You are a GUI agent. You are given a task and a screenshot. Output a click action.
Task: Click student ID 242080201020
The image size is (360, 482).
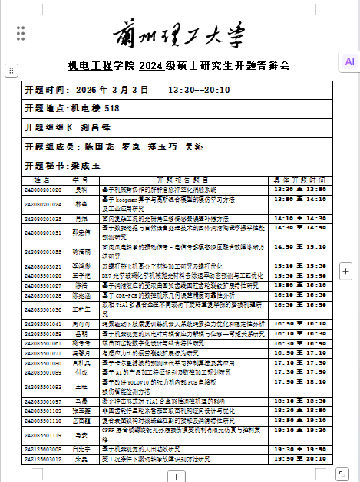(43, 189)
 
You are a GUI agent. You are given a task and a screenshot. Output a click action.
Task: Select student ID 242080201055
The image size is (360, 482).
(43, 251)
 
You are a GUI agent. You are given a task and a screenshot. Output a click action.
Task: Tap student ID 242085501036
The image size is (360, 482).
(43, 309)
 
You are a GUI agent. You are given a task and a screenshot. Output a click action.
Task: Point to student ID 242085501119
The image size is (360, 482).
(43, 435)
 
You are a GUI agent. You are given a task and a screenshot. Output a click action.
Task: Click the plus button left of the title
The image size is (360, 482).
(11, 70)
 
